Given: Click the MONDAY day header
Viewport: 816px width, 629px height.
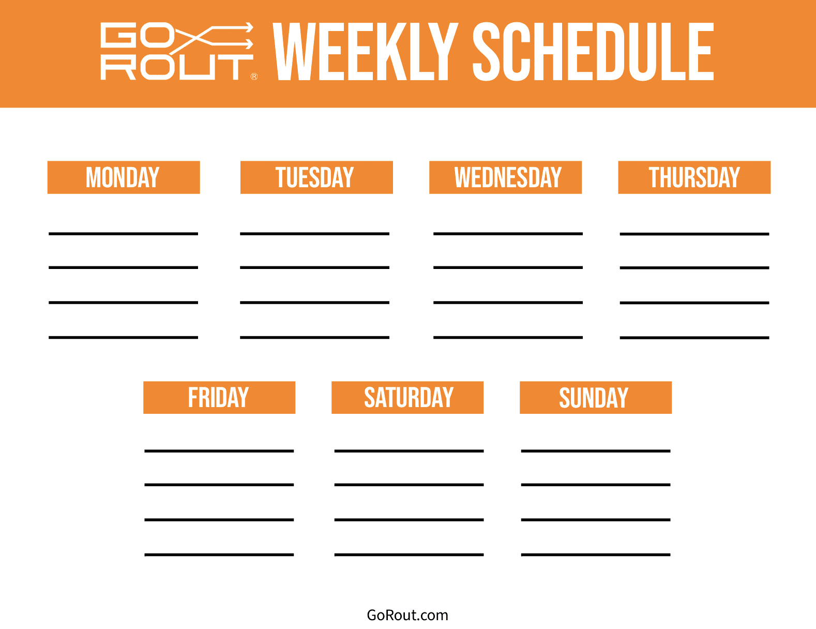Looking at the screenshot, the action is point(124,177).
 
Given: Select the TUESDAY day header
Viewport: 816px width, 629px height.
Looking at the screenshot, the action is point(316,177).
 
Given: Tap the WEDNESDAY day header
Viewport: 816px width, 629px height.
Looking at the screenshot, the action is point(505,177).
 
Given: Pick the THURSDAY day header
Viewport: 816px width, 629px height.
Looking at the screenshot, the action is point(694,177).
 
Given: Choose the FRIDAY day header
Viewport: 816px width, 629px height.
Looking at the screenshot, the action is point(219,398).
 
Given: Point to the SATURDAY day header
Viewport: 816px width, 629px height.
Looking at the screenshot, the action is point(407,398).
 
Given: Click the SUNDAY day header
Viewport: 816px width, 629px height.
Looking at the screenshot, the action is point(596,398).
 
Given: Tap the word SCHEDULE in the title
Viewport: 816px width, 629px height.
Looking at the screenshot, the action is point(593,51).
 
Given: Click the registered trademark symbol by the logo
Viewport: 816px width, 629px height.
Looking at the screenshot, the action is point(254,77).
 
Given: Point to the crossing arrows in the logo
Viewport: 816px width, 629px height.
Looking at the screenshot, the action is point(212,38).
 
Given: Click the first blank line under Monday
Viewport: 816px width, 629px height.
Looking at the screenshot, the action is point(123,234).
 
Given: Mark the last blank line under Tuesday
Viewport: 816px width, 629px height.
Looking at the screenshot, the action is point(315,338).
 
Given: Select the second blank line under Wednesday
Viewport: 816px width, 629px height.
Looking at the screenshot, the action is point(508,268).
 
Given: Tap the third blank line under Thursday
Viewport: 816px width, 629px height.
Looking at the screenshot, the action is point(694,303).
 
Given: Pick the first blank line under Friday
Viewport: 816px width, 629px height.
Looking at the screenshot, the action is point(219,451).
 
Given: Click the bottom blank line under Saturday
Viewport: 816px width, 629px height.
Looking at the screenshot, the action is point(409,555).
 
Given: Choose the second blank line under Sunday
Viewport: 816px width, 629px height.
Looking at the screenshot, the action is point(596,485).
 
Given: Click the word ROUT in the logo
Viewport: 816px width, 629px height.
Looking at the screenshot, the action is point(177,68).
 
